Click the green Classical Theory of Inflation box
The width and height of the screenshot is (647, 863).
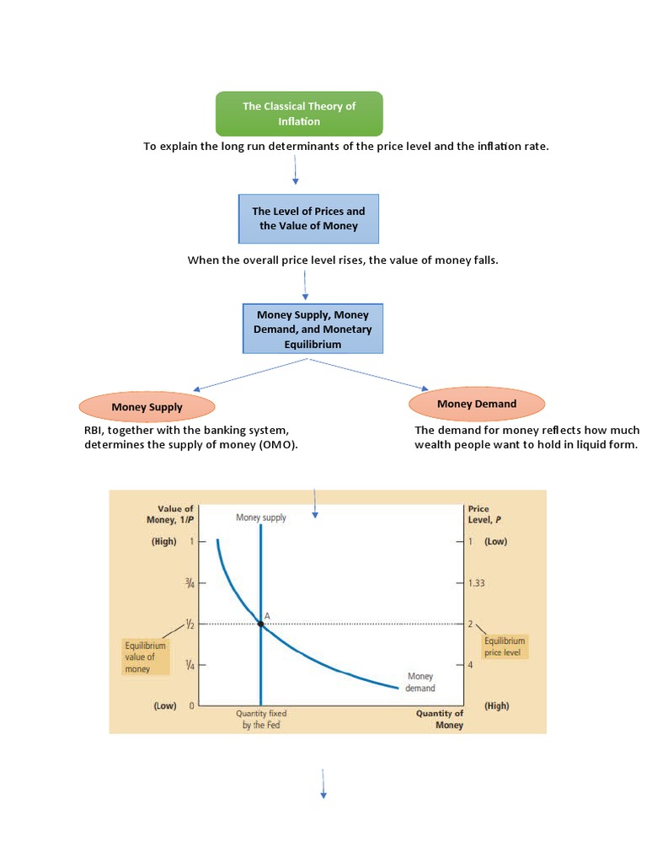tap(299, 114)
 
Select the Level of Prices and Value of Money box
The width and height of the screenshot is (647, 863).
tap(308, 218)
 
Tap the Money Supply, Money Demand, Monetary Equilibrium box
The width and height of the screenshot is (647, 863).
tap(313, 330)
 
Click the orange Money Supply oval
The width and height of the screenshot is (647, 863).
tap(147, 407)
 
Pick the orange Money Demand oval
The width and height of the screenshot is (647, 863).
tap(476, 404)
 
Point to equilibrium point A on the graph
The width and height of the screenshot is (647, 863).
tap(260, 624)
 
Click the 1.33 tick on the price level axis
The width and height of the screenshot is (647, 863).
tap(476, 582)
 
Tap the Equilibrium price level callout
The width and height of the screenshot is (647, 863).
tap(505, 646)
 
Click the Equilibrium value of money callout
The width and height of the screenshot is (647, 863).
tap(145, 657)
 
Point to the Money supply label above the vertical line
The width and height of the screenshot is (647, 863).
tap(260, 517)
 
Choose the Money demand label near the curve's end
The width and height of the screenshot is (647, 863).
tap(420, 682)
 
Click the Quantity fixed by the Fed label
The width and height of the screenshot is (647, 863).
tap(260, 718)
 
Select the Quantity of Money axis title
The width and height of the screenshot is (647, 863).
tap(439, 719)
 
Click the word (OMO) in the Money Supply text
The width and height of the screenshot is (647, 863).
tap(279, 445)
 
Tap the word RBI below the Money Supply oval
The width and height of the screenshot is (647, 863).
tap(93, 430)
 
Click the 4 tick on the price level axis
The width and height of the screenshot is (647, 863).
tap(471, 665)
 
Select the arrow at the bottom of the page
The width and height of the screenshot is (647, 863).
tap(323, 783)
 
